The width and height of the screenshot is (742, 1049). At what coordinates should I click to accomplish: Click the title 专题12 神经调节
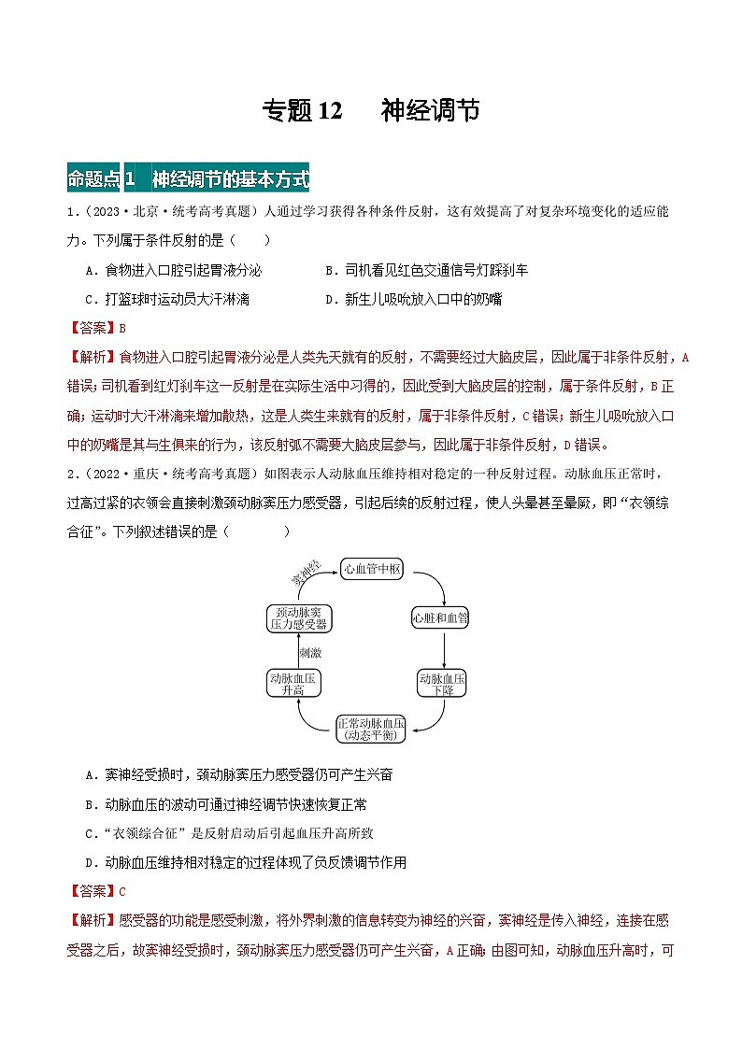coord(371,111)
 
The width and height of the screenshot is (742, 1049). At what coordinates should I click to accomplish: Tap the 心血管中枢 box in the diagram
coord(372,569)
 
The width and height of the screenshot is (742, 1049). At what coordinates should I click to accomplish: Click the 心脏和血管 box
coord(441,618)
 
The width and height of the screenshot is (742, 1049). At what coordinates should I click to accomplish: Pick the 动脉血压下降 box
coord(442,684)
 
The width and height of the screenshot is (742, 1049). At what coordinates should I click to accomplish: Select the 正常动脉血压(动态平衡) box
coord(371,729)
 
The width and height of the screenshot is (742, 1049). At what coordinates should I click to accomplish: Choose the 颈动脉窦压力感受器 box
coord(298,618)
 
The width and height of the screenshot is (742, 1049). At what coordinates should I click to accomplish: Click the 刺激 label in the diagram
coord(310,651)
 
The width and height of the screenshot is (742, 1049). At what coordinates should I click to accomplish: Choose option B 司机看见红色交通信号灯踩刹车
coord(426,270)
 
